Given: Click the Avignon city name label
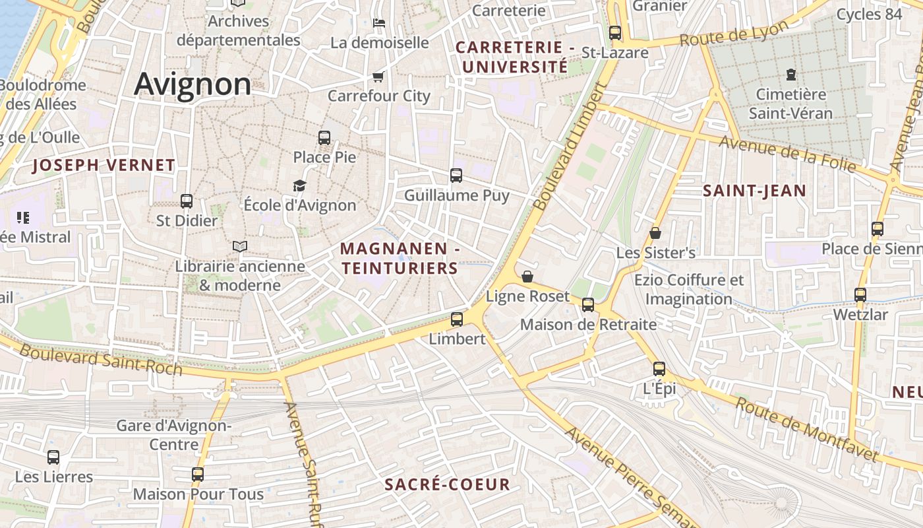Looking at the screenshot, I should (x=193, y=84).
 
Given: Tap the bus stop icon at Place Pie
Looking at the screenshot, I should (x=324, y=138).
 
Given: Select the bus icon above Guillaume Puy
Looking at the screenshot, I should (x=456, y=176).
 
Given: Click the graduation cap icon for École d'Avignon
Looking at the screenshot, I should (x=300, y=185).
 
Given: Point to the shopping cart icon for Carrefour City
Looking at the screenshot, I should (x=378, y=77).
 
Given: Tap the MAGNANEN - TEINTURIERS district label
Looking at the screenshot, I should (x=400, y=258).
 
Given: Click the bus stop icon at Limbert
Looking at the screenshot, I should (x=457, y=319).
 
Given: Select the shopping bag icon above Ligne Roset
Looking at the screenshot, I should (x=527, y=277).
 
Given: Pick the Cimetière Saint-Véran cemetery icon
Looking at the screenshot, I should (x=790, y=75).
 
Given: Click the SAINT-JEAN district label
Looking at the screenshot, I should (x=754, y=191).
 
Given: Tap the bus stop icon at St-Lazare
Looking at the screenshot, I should (x=615, y=32).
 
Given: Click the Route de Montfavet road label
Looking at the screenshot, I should (x=807, y=430).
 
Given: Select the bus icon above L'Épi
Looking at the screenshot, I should (x=659, y=369).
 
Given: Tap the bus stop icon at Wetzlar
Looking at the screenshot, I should (x=860, y=295).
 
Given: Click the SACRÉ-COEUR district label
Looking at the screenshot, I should (x=447, y=484).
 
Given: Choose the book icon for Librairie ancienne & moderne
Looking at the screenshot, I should (x=240, y=247).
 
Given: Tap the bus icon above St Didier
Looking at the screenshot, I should (x=187, y=201).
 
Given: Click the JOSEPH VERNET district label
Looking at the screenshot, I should (x=104, y=165).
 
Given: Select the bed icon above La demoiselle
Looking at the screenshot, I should (x=379, y=23).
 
